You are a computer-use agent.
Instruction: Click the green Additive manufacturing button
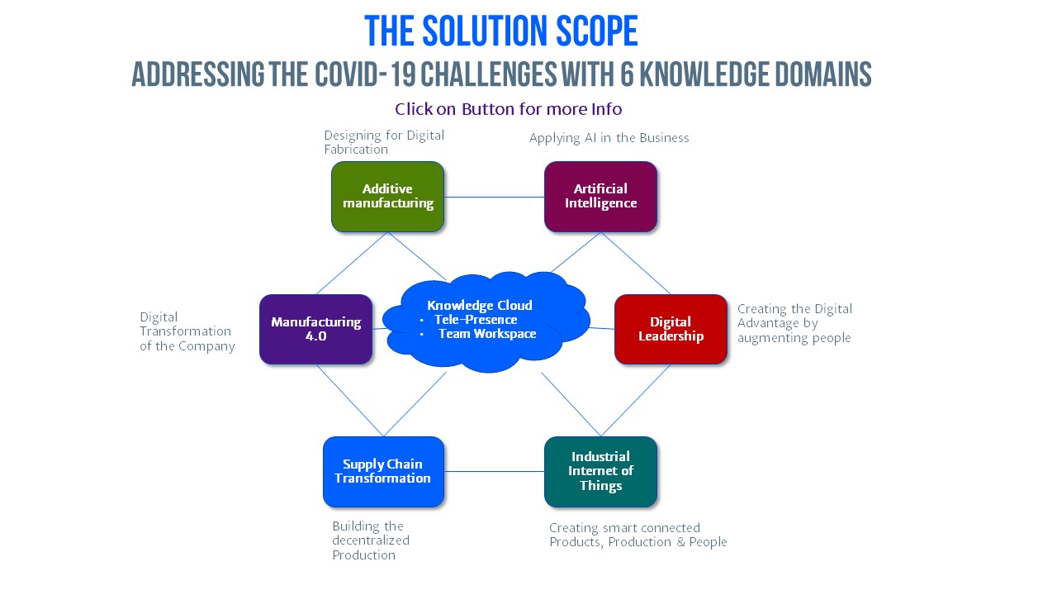(387, 197)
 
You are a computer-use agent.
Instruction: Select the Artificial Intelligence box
(600, 197)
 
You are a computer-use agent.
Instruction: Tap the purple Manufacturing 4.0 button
(315, 329)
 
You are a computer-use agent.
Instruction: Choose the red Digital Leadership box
(671, 329)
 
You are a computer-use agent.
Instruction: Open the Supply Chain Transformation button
(383, 471)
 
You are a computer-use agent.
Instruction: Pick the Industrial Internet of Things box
(600, 471)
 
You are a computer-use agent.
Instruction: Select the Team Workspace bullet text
(487, 334)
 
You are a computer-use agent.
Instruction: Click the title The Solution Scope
(500, 31)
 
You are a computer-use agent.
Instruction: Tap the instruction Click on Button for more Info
(508, 109)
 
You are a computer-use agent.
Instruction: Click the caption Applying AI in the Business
(609, 138)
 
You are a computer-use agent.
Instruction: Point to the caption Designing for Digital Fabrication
(383, 142)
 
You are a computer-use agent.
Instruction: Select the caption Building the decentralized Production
(371, 540)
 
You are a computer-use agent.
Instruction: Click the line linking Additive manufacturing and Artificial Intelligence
(494, 198)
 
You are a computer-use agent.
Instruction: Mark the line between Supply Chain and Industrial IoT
(494, 472)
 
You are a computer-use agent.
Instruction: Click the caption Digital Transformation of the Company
(187, 331)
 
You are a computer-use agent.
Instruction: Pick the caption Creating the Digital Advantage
(794, 323)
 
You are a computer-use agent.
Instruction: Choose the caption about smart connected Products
(638, 535)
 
